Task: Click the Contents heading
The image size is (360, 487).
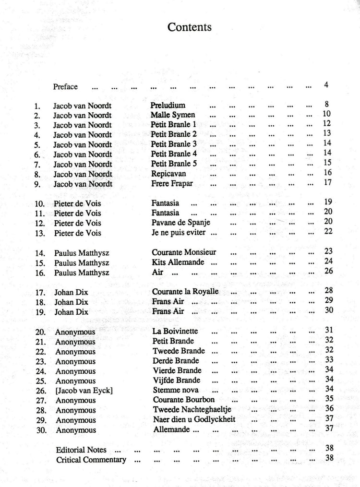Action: pos(190,27)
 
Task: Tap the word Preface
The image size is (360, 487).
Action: pos(65,87)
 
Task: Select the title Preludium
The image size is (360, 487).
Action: pos(168,105)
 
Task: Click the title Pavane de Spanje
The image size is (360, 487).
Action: pos(180,223)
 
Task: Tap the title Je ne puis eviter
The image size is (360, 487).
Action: pos(180,233)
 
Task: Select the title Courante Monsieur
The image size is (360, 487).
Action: pos(184,252)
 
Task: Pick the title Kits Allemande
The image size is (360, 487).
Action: pos(178,262)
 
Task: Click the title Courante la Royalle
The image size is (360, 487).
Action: pos(185,292)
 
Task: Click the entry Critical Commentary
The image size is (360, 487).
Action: pos(91,460)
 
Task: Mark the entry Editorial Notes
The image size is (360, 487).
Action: pos(81,451)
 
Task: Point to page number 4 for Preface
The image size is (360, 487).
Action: pos(326,86)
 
